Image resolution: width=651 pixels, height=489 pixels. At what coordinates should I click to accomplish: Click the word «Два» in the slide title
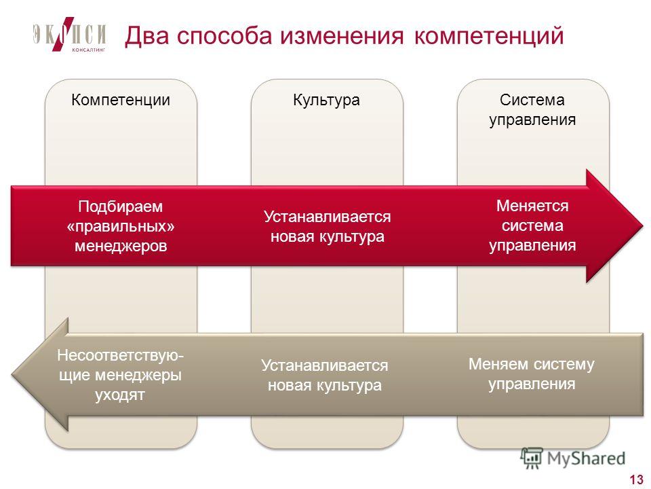pos(147,36)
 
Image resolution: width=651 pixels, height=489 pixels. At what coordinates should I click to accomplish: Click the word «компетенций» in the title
pos(489,37)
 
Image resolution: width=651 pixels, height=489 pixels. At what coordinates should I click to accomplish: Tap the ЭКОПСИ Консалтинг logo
pos(69,35)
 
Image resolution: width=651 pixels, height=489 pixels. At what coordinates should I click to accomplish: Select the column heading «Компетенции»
pos(121,101)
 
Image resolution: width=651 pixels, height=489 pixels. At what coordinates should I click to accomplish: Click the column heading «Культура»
pos(326,101)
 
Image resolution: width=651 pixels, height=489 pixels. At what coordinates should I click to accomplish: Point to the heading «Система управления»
pos(532,110)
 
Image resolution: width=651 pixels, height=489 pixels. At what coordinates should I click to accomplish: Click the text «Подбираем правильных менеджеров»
pos(121,226)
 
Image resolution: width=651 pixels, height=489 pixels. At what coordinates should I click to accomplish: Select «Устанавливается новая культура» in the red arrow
pos(327,226)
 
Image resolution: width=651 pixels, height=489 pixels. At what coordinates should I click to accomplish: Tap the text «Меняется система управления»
pos(532,225)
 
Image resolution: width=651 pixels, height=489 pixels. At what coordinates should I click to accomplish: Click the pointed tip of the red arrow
pos(643,225)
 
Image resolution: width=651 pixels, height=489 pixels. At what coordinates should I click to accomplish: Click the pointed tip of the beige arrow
pos(12,374)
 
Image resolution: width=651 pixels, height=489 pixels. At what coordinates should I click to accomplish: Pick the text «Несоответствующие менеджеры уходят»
pos(120,375)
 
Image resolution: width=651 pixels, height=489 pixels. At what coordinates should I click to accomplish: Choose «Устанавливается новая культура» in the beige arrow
pos(325,375)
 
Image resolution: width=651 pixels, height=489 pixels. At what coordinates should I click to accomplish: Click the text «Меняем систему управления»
pos(532,374)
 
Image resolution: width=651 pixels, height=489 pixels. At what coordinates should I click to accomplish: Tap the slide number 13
pos(636,479)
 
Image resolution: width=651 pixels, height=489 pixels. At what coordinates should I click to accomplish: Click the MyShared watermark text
pos(586,458)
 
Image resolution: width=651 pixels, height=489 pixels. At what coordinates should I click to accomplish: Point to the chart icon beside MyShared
pos(532,458)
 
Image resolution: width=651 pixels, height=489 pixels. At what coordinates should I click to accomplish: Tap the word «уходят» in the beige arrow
pos(120,395)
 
